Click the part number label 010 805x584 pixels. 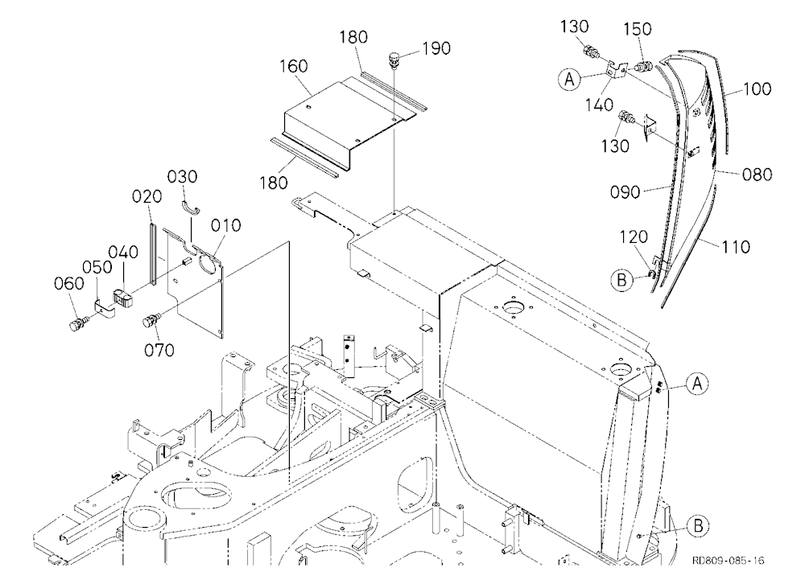[226, 225]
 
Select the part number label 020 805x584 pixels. [147, 196]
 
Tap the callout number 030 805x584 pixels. [182, 177]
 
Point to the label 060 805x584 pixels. [69, 283]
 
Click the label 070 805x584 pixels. [159, 351]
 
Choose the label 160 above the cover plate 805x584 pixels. [294, 66]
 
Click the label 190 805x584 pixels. [436, 48]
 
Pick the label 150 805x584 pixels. [638, 29]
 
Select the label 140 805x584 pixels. [599, 105]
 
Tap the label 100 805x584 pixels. [758, 89]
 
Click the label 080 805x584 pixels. [758, 175]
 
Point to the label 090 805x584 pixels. [625, 192]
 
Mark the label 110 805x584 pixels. [736, 247]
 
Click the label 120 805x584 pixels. [634, 237]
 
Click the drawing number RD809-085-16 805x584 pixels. [728, 561]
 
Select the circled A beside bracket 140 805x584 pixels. [569, 80]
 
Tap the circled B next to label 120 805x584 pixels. [621, 280]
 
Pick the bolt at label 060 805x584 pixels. [78, 324]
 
